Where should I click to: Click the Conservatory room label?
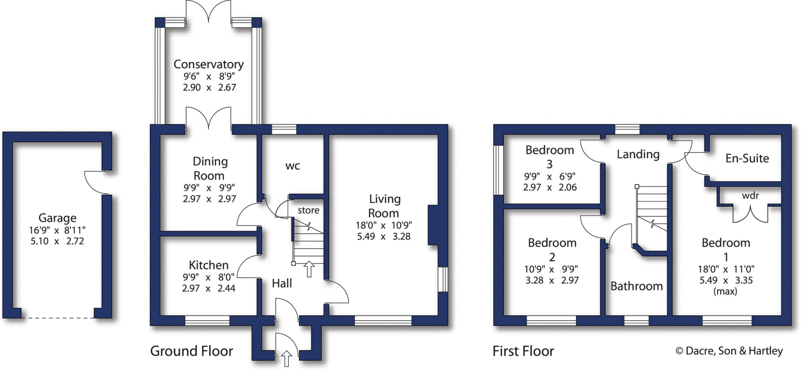208,64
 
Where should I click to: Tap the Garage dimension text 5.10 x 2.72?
57,241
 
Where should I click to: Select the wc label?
293,166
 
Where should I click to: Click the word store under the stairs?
309,210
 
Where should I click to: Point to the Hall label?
282,283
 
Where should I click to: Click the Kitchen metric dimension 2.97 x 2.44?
208,289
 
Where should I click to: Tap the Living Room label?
384,206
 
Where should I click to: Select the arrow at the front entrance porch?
287,359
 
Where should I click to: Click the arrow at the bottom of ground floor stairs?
309,269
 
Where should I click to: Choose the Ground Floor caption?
192,351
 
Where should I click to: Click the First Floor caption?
523,351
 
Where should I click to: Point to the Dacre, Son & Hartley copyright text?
729,351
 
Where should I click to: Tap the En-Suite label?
747,158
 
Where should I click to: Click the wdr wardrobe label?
750,195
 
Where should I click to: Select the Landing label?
638,155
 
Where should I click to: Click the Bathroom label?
636,286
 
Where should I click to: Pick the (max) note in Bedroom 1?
726,291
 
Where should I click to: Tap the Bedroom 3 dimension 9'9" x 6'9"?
550,176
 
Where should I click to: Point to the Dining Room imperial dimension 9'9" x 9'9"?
209,188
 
